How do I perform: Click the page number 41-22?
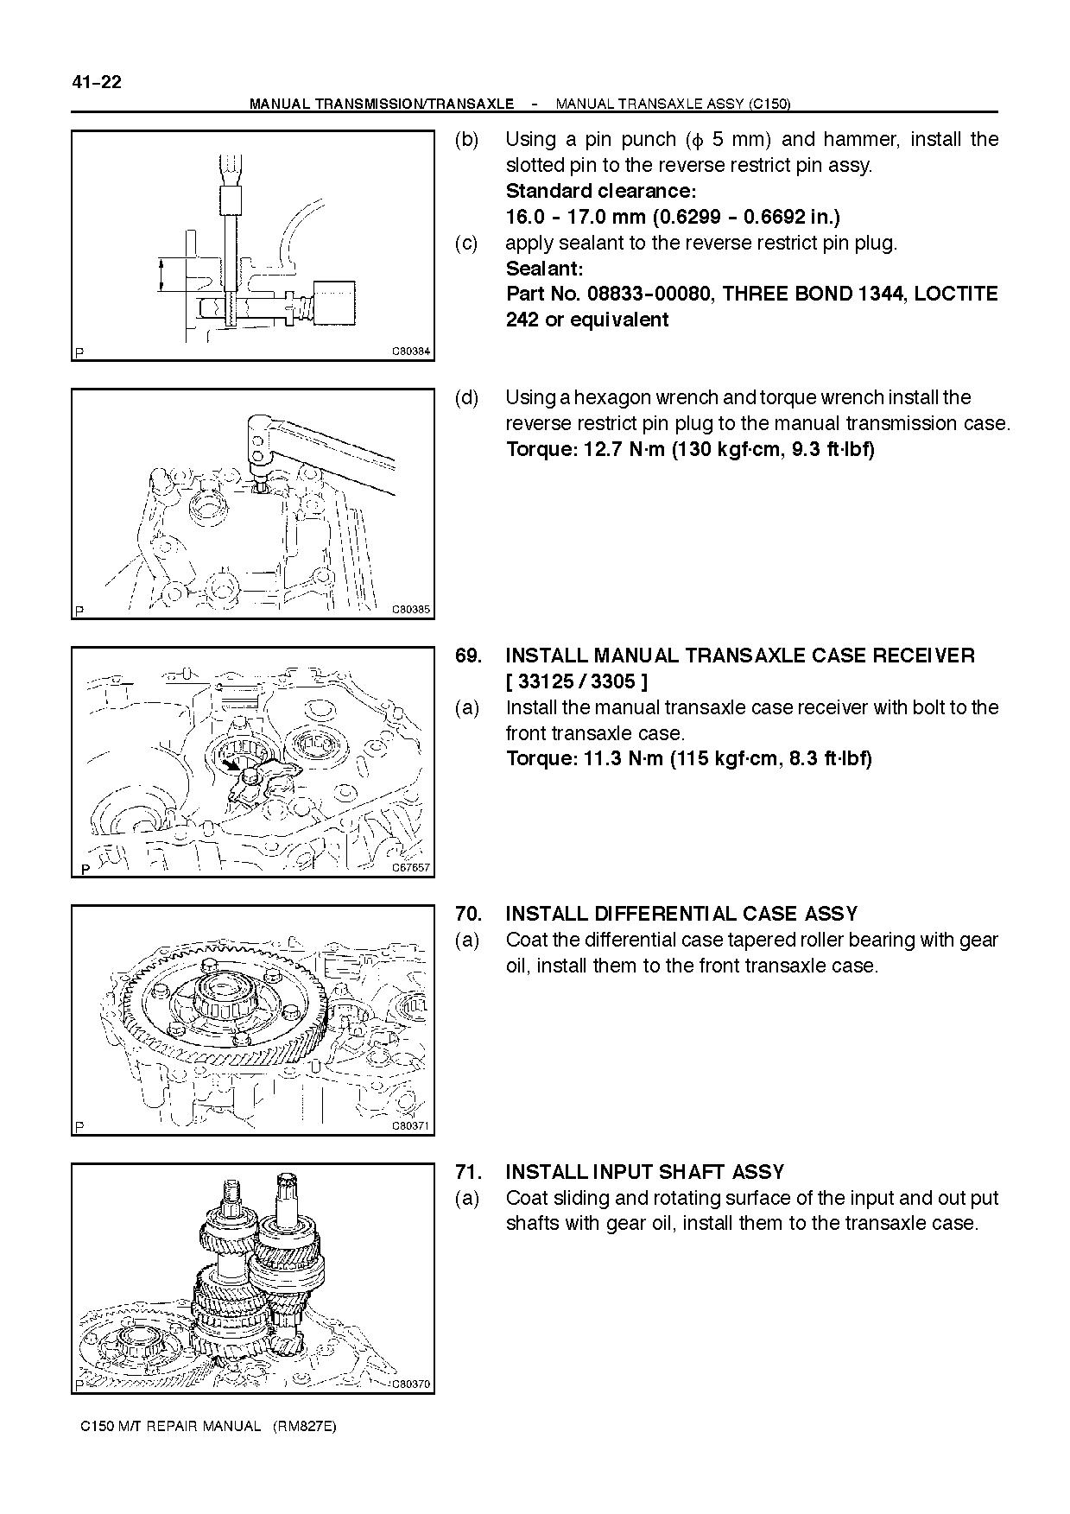pyautogui.click(x=97, y=83)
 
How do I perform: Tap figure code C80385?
pyautogui.click(x=411, y=610)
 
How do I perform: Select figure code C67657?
pyautogui.click(x=411, y=868)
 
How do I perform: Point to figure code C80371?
pyautogui.click(x=411, y=1126)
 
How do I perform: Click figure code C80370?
pyautogui.click(x=411, y=1384)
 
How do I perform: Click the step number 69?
pyautogui.click(x=468, y=656)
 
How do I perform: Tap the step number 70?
pyautogui.click(x=468, y=914)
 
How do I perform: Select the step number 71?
pyautogui.click(x=468, y=1172)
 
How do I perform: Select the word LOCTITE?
pyautogui.click(x=956, y=295)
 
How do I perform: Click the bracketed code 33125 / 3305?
pyautogui.click(x=576, y=681)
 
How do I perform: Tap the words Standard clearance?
pyautogui.click(x=601, y=191)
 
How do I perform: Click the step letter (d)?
pyautogui.click(x=466, y=398)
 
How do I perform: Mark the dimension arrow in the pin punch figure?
pyautogui.click(x=161, y=276)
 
